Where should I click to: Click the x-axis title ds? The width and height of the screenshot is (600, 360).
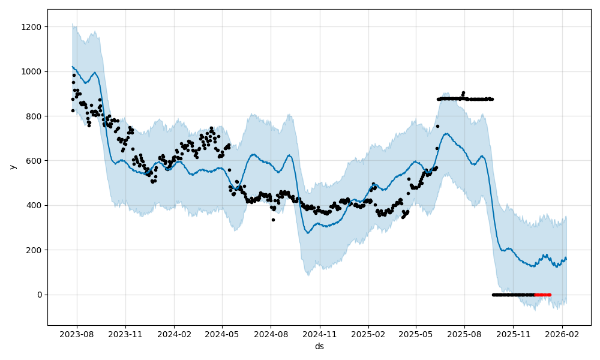[319, 346]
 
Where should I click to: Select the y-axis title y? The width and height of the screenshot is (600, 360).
[12, 167]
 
